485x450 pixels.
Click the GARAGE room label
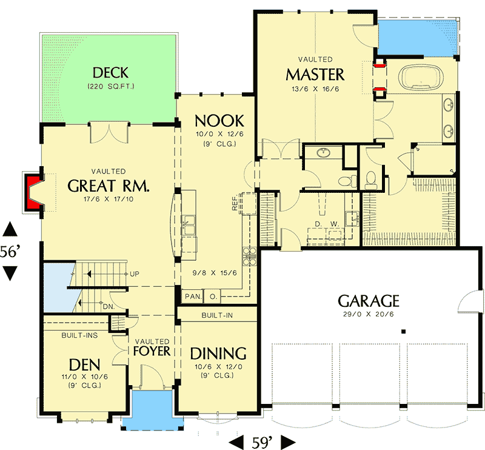[368, 301]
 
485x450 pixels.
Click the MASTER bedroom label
[315, 75]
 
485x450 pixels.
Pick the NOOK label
[219, 120]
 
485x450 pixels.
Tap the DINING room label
[218, 354]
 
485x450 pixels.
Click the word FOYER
[152, 351]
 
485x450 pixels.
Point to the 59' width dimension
[263, 441]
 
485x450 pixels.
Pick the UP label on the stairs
[135, 274]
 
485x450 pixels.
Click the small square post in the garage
[403, 332]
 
